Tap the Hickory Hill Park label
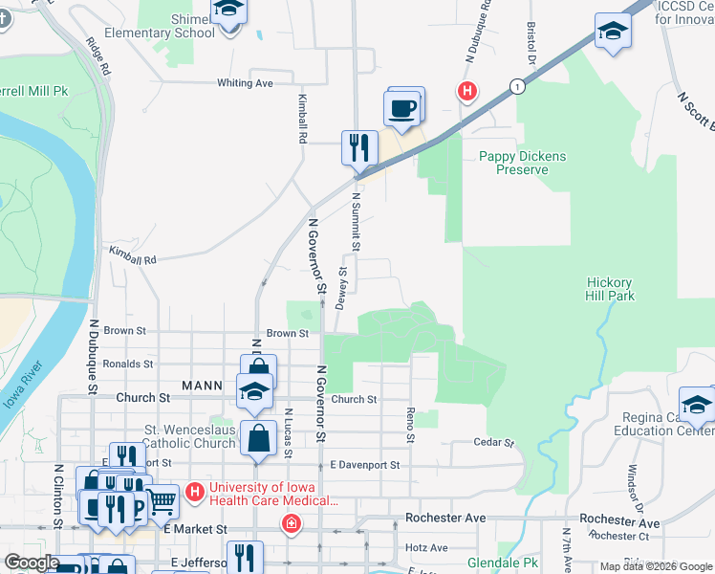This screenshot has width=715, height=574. point(610,289)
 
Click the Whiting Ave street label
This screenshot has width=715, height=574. point(245,83)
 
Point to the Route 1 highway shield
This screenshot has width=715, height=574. point(517,85)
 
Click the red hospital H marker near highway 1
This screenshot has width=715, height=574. point(467,92)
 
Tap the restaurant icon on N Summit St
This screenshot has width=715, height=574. point(358,147)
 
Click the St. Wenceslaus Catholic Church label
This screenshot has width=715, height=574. point(189,436)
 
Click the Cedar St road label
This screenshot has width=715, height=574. point(495,443)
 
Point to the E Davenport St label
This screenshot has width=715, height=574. point(364,465)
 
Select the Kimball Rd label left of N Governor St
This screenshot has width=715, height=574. point(132,258)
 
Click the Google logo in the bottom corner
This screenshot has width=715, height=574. point(31,563)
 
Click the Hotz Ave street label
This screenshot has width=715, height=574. point(426,548)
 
